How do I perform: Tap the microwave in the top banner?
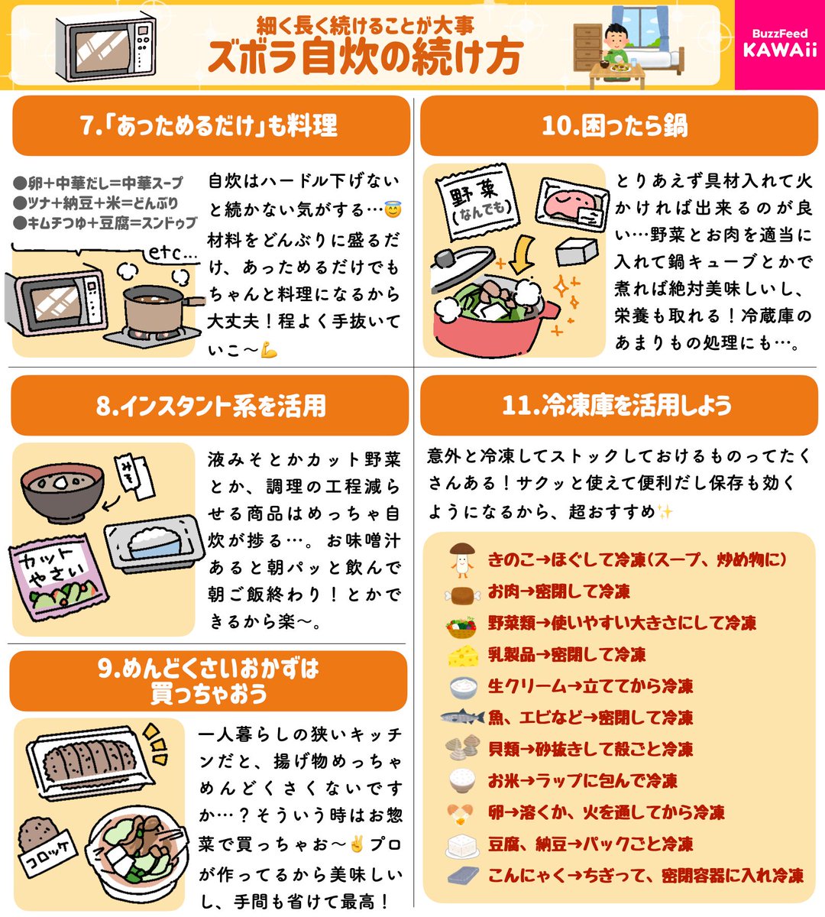click(x=106, y=49)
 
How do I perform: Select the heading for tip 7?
click(x=209, y=126)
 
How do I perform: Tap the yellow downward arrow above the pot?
click(x=522, y=255)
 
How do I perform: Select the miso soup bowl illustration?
click(x=62, y=492)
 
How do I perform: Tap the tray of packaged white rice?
click(x=154, y=544)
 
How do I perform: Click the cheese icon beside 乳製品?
click(x=463, y=655)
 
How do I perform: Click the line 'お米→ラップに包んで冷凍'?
click(x=582, y=780)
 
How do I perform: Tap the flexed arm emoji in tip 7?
click(x=268, y=351)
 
